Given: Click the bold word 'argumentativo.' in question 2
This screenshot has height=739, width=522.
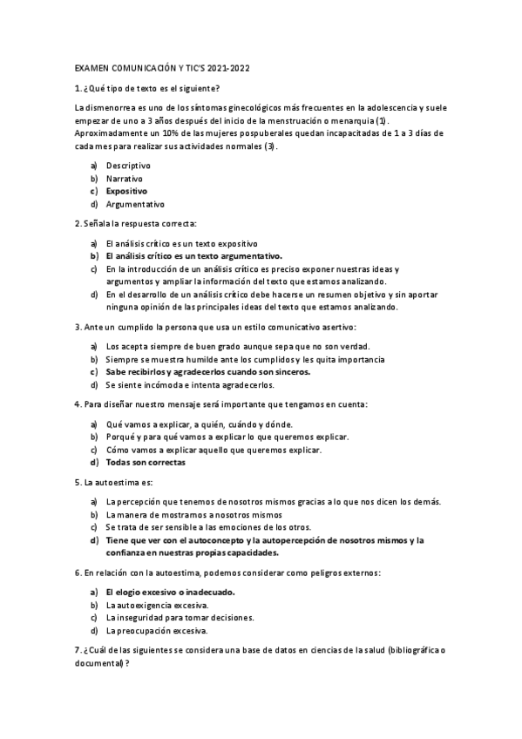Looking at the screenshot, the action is point(250,256).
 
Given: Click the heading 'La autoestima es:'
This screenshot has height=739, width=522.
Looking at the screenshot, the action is point(110,482).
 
